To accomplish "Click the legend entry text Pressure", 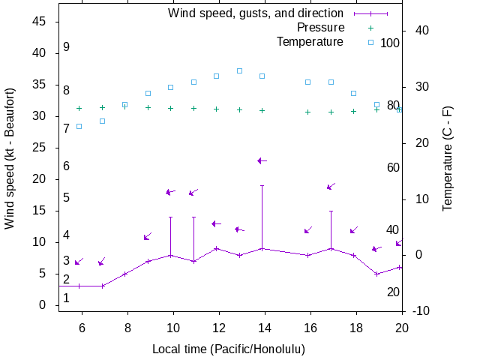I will [x=320, y=27].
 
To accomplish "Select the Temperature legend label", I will [x=310, y=41].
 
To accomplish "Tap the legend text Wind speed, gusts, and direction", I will [x=255, y=13].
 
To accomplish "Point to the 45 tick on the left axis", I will [x=40, y=22].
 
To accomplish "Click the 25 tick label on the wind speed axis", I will [x=40, y=148].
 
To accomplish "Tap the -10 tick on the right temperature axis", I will [x=420, y=310].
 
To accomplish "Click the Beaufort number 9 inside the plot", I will [x=67, y=46].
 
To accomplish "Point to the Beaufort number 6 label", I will [x=67, y=166].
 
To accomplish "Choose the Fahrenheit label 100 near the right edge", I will [x=390, y=43].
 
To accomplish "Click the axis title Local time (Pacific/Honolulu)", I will [x=229, y=349].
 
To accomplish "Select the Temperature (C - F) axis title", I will [x=448, y=157].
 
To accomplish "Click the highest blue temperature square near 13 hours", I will [x=239, y=70].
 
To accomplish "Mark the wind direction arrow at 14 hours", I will [x=262, y=160].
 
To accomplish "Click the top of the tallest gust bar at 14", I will [x=262, y=185].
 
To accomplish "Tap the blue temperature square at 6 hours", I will [x=79, y=126].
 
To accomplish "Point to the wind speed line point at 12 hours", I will [x=216, y=248].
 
